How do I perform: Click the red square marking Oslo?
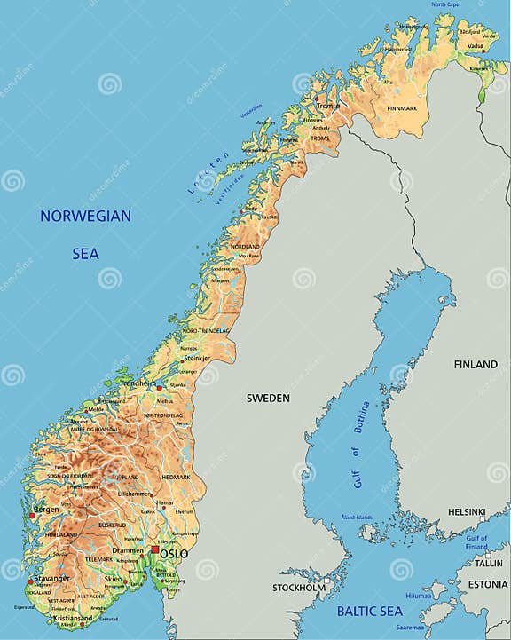155,550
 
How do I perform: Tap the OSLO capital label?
174,553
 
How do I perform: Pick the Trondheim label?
138,383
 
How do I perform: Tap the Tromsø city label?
328,106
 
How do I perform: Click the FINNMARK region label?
401,108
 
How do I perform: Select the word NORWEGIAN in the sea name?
85,216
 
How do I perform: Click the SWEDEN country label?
268,399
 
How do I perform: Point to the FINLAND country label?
476,365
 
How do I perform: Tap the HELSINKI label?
467,512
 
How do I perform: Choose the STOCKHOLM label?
299,588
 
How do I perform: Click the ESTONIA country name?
488,584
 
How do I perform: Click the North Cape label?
444,5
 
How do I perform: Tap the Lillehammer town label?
135,493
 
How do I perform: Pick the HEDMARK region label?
177,477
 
